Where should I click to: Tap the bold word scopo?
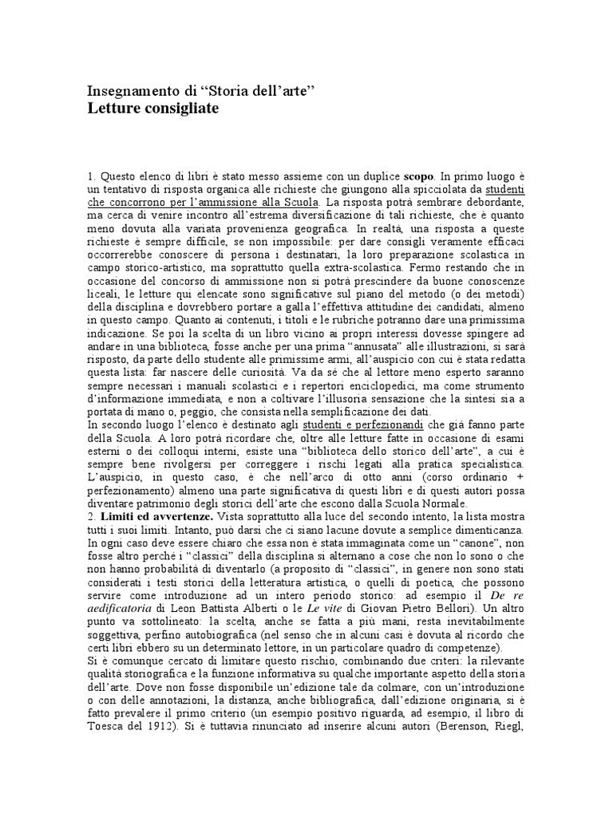pyautogui.click(x=419, y=175)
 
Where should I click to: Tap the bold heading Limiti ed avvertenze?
pyautogui.click(x=149, y=516)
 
